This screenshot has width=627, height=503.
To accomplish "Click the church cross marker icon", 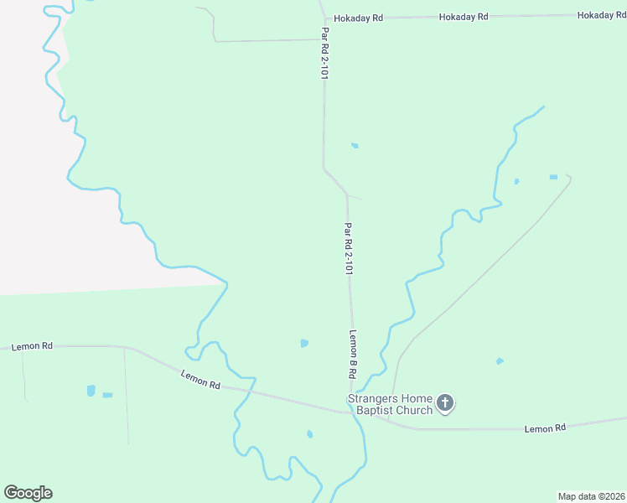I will [x=446, y=404].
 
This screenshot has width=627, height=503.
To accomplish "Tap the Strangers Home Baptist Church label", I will [x=391, y=404].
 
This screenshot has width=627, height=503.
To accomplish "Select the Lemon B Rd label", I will [x=354, y=353].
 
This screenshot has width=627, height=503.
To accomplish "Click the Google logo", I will [x=28, y=493].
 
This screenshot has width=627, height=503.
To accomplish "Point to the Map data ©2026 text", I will [x=591, y=495].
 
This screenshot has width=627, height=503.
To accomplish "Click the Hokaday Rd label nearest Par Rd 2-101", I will [x=358, y=18].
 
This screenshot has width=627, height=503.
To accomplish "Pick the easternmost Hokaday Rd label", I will [x=602, y=16].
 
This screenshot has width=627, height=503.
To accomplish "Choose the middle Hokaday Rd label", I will [x=464, y=17].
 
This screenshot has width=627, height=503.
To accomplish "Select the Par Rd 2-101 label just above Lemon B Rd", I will [x=348, y=249].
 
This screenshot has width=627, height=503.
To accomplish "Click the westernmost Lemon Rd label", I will [x=33, y=346].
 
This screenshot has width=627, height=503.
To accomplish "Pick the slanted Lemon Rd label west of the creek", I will [x=200, y=381].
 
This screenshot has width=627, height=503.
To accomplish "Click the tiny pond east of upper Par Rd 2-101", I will [x=355, y=146].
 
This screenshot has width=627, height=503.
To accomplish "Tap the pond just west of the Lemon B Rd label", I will [x=304, y=343].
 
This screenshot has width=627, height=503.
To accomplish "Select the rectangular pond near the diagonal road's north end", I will [x=553, y=177].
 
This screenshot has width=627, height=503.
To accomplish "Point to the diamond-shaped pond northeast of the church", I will [x=500, y=361].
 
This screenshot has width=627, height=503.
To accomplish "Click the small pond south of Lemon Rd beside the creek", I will [x=309, y=433].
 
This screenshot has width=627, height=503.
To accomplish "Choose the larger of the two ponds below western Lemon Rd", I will [x=91, y=391].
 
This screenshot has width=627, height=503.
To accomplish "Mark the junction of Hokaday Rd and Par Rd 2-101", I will [x=324, y=18].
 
